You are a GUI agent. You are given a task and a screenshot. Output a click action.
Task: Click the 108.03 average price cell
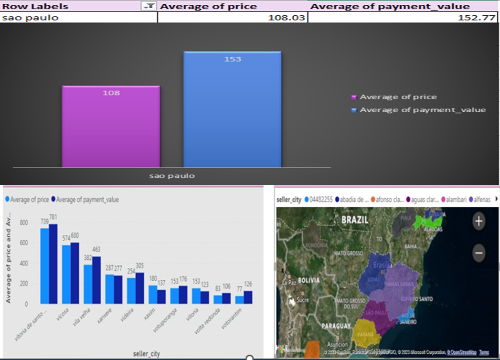point(233,18)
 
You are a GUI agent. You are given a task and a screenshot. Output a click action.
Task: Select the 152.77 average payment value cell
point(403,18)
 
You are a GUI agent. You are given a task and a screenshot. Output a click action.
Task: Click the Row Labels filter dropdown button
point(149,6)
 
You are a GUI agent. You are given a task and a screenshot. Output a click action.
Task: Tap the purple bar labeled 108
point(111,127)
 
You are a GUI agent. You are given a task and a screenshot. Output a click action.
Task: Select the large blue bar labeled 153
point(233,109)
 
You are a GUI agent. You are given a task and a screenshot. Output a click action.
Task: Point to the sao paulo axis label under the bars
point(172,176)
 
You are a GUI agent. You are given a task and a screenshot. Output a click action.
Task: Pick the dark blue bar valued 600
point(74,273)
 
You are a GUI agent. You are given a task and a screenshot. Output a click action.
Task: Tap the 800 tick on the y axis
point(24,222)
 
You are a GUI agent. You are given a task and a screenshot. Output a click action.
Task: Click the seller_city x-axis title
point(147,353)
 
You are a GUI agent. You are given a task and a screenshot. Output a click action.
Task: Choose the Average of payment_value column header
point(390,6)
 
